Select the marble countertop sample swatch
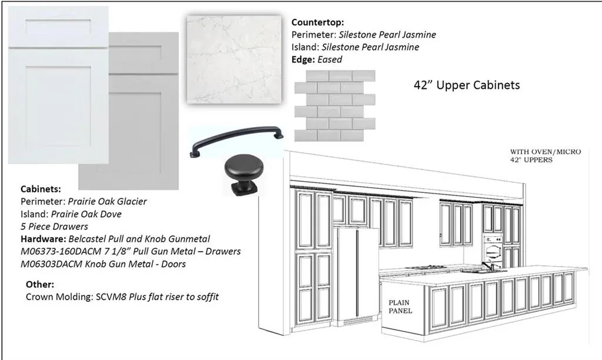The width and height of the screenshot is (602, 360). (234, 59)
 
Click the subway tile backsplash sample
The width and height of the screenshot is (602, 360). (335, 105)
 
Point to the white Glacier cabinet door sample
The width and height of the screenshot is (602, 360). (58, 85)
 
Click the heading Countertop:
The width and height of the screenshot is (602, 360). (317, 22)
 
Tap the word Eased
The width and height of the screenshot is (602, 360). (330, 59)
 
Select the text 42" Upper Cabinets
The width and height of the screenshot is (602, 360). (467, 85)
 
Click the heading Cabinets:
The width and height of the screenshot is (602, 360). (41, 189)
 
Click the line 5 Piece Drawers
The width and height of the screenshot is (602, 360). (54, 226)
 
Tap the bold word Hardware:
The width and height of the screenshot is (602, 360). (44, 239)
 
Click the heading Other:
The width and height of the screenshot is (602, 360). (40, 284)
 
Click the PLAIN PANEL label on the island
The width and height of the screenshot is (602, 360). (400, 306)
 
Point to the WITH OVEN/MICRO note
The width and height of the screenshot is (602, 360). (545, 152)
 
